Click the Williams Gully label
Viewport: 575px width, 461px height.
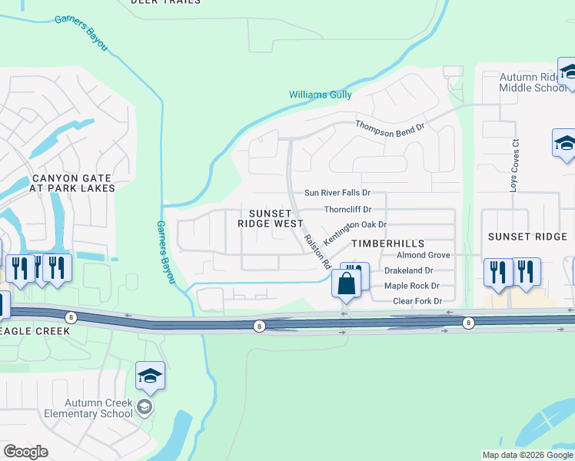[x=320, y=95]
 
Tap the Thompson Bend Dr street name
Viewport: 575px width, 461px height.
[x=390, y=128]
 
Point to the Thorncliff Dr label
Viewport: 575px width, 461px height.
[x=347, y=209]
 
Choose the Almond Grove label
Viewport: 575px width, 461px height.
[x=423, y=255]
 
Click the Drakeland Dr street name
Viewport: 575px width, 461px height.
[x=409, y=270]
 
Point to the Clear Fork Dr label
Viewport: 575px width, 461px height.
[x=417, y=301]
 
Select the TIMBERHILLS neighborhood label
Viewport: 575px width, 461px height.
[x=377, y=243]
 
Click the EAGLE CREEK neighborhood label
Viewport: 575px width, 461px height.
[x=35, y=331]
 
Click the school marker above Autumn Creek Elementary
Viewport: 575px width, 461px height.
[x=150, y=376]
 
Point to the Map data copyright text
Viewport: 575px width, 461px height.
[x=527, y=455]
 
